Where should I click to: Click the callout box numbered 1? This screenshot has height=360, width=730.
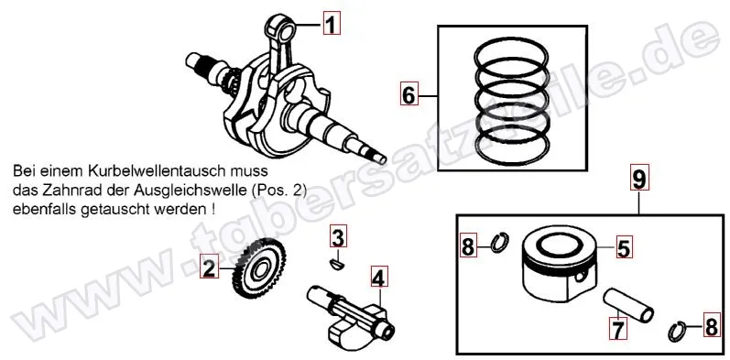pyautogui.click(x=332, y=25)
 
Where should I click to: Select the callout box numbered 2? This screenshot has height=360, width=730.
pyautogui.click(x=209, y=268)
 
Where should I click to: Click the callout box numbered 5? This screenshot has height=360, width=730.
pyautogui.click(x=622, y=246)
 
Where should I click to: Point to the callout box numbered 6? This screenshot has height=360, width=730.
pyautogui.click(x=409, y=94)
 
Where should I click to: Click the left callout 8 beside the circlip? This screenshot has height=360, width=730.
pyautogui.click(x=468, y=245)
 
